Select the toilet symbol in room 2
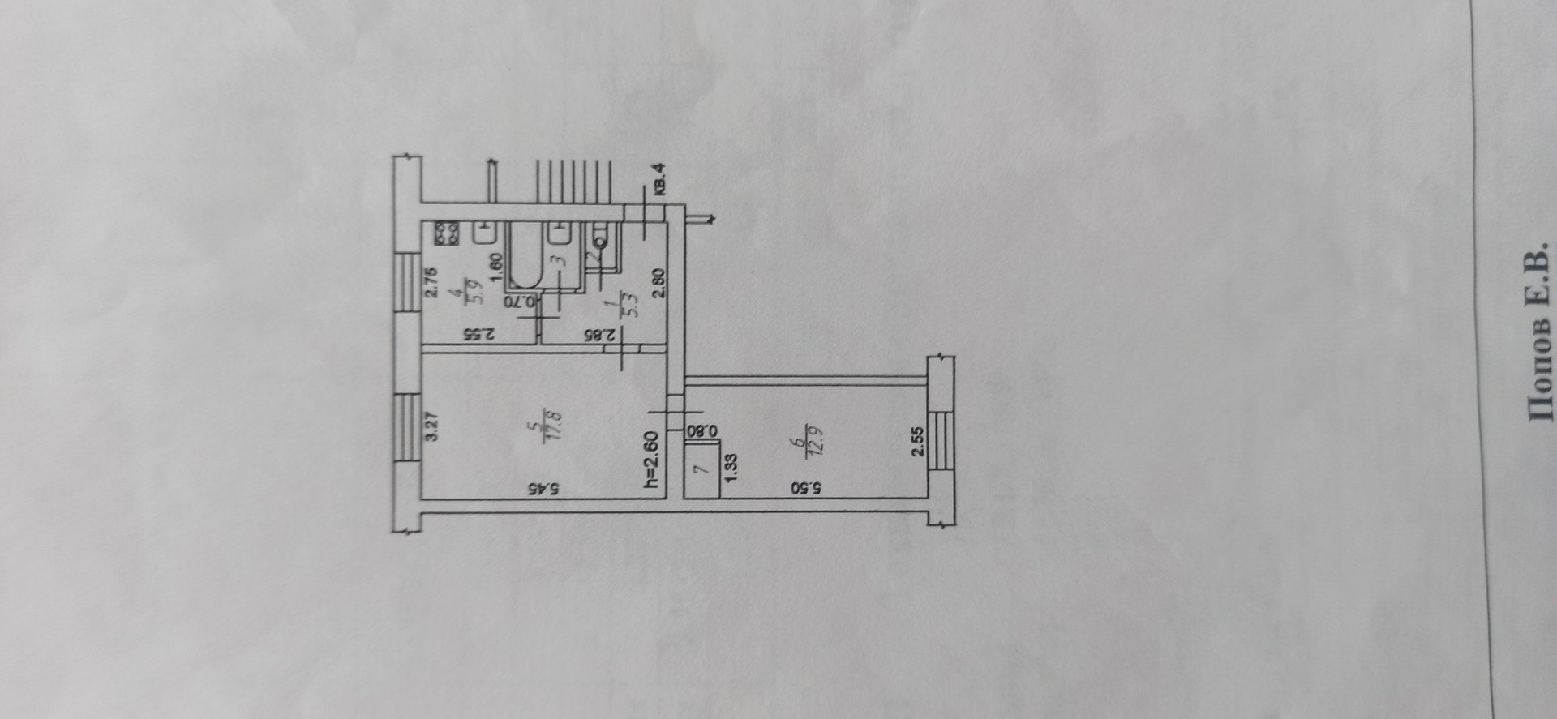pos(601,236)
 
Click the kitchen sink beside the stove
pos(485,233)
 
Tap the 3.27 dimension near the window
pos(432,426)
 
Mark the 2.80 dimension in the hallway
pos(658,284)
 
